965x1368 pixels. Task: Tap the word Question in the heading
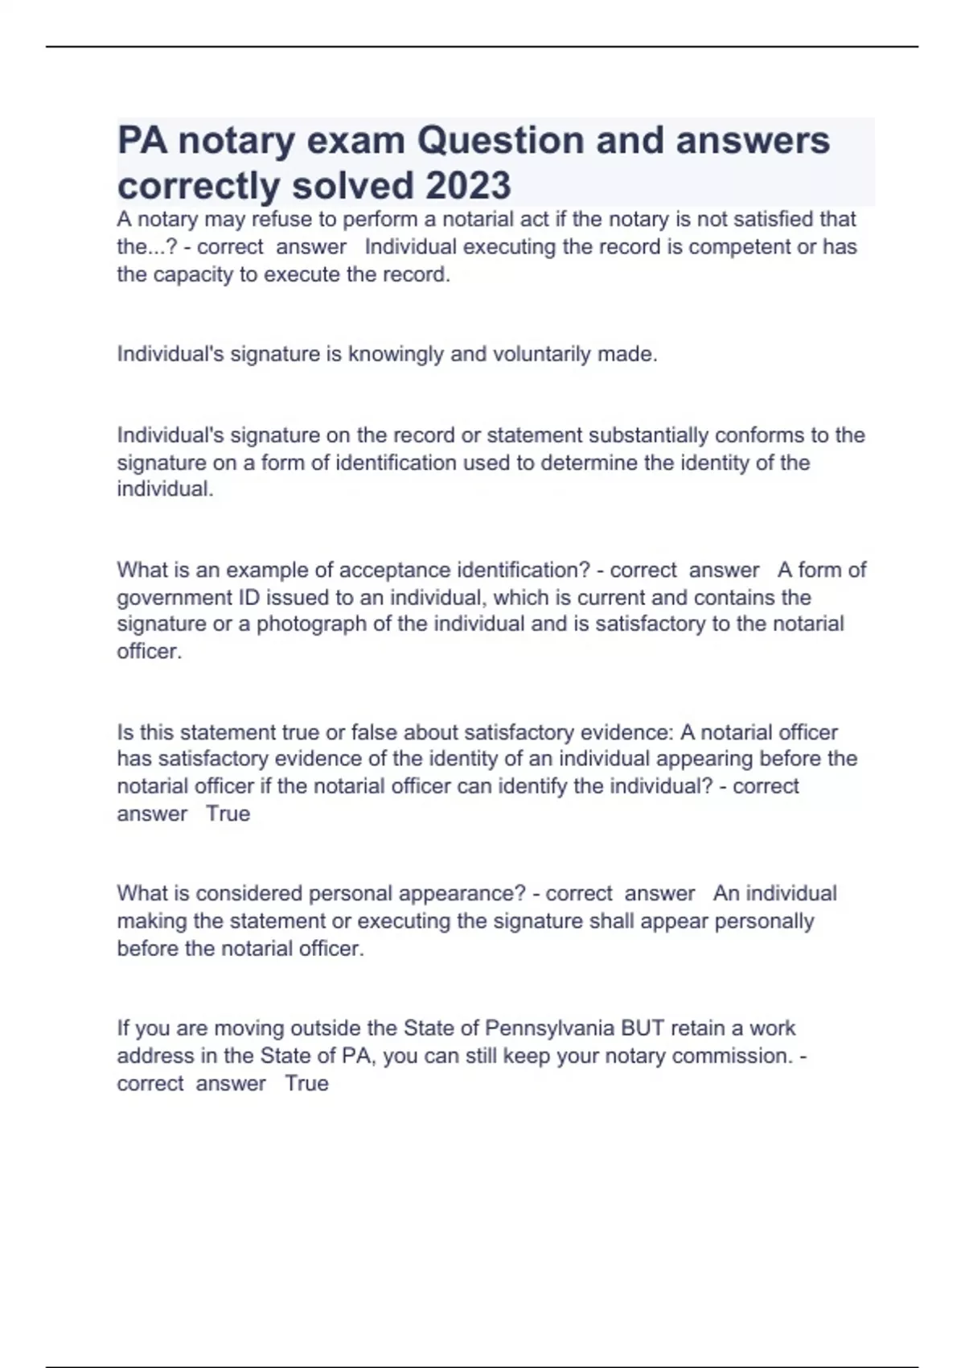point(499,141)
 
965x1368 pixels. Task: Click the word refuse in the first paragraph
point(281,219)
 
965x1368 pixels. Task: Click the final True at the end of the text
point(306,1083)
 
